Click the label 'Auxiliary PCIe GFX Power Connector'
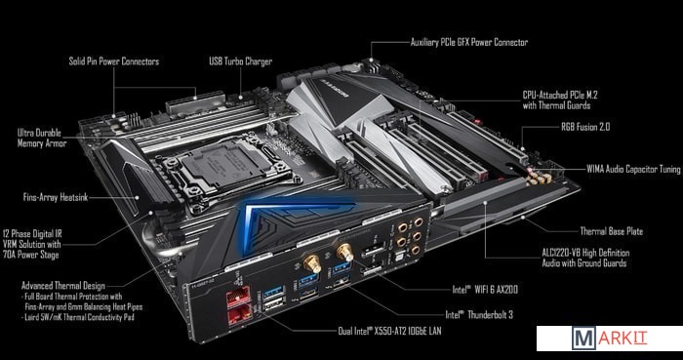pos(469,42)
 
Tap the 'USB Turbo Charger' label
pos(240,60)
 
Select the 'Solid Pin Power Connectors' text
pos(114,60)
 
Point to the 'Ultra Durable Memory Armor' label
pos(42,138)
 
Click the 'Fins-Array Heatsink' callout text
pos(56,197)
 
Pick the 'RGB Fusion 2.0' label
pos(585,127)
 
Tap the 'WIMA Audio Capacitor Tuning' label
pos(633,169)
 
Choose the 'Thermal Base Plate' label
pos(611,231)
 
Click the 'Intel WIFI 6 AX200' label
pos(485,289)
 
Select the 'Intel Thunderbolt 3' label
pos(479,314)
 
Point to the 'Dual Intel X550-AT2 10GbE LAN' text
pos(390,331)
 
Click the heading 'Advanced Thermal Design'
pos(63,286)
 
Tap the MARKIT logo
pos(610,339)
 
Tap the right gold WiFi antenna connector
pos(344,252)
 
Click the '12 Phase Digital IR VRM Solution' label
pos(32,244)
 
